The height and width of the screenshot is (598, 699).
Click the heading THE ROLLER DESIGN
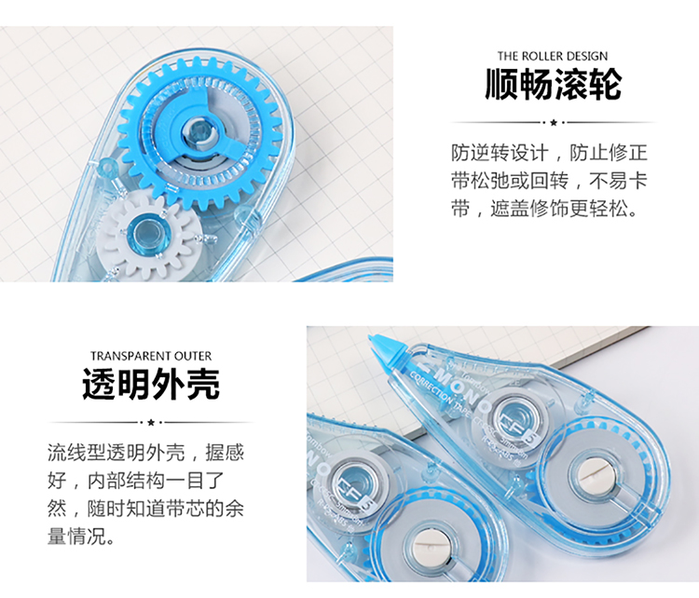pos(553,56)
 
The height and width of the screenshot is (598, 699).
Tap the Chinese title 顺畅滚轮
pos(554,84)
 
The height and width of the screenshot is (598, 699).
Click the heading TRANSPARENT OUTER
pos(151,356)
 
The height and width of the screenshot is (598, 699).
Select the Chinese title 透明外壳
pos(151,384)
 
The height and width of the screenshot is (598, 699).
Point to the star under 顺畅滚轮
pos(554,122)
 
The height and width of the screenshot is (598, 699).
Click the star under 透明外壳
pos(151,422)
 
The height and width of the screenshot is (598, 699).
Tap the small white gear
pos(145,238)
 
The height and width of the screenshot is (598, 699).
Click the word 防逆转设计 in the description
pos(500,153)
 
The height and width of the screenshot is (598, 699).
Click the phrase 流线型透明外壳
pos(116,453)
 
